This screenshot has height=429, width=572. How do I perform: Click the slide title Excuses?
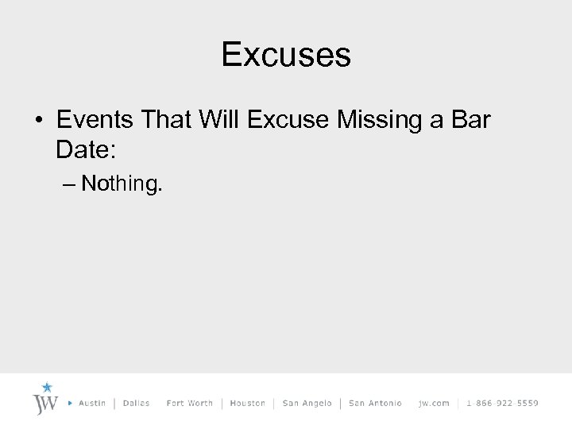pyautogui.click(x=286, y=55)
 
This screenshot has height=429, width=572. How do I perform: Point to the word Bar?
pyautogui.click(x=472, y=121)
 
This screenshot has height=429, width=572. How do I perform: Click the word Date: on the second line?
pyautogui.click(x=85, y=149)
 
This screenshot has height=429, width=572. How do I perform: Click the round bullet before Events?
pyautogui.click(x=37, y=122)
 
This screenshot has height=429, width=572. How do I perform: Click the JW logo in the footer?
pyautogui.click(x=44, y=404)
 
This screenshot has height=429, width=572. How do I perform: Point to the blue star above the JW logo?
pyautogui.click(x=47, y=388)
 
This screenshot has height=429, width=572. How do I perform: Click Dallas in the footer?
pyautogui.click(x=137, y=404)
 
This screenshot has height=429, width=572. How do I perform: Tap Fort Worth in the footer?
pyautogui.click(x=190, y=404)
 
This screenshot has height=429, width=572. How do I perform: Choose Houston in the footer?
pyautogui.click(x=247, y=404)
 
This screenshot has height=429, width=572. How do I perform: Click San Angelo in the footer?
pyautogui.click(x=307, y=404)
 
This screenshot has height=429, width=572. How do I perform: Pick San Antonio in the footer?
pyautogui.click(x=375, y=404)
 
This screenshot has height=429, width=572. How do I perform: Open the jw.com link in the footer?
pyautogui.click(x=434, y=404)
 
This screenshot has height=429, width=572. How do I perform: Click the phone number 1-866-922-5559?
pyautogui.click(x=502, y=404)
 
